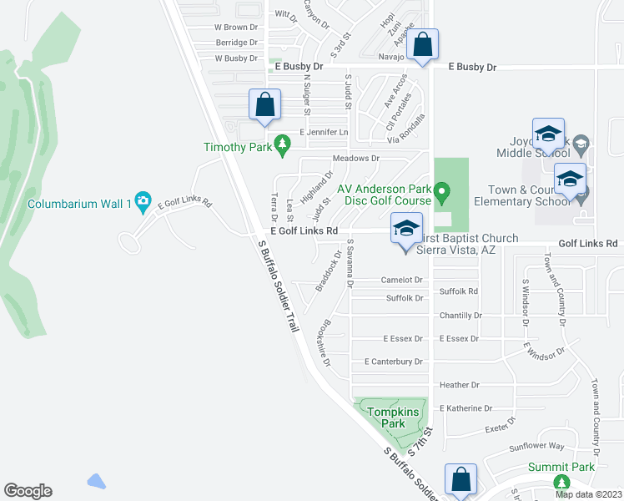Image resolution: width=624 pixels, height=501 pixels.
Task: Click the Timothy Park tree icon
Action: point(283,147)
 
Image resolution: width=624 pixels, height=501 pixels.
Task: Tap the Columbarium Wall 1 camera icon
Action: point(143,200)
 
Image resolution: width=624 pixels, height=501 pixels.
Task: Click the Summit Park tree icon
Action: point(561,483)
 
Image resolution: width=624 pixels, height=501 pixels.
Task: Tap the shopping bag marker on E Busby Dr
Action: point(423,46)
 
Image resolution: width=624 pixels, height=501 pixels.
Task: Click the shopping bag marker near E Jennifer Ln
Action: point(265,107)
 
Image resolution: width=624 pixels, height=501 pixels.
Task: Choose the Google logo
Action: point(28,491)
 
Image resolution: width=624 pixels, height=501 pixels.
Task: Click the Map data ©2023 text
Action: point(587,494)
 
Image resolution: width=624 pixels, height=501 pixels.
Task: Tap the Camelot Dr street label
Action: point(402,281)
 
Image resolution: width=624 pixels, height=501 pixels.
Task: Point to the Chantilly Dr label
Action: point(460,316)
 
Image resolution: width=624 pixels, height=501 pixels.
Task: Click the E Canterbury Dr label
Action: point(393,362)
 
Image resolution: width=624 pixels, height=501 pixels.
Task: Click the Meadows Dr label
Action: point(356,158)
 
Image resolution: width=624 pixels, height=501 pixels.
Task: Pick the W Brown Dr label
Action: point(230,28)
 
